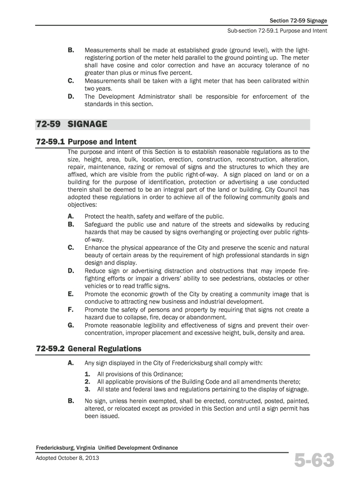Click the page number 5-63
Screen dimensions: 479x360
point(314,460)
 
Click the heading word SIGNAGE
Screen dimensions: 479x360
point(87,124)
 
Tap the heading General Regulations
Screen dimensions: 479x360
point(104,348)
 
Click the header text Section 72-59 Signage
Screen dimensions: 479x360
point(298,21)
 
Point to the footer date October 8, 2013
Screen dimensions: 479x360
point(79,457)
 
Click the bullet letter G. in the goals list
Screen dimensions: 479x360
point(71,325)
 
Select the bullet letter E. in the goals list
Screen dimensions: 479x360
point(71,294)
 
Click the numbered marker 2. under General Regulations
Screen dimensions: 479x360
point(87,381)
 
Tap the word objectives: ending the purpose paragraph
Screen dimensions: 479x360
point(82,205)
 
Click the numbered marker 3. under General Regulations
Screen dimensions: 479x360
point(87,389)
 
